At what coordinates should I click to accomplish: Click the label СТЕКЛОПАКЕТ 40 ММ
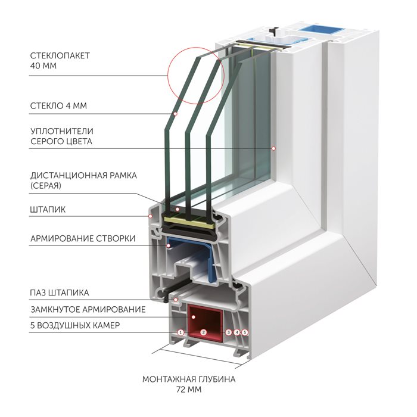point(60,61)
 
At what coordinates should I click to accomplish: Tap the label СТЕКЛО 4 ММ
point(58,106)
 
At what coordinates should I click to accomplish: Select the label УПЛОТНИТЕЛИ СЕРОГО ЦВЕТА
point(62,136)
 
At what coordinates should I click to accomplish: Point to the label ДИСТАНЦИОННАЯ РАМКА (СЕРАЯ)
point(83,181)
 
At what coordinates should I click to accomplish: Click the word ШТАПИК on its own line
point(48,210)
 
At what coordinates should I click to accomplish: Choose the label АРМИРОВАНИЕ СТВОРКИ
point(83,238)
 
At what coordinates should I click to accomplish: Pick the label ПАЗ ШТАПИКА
point(60,293)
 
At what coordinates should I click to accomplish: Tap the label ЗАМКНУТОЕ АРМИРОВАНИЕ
point(88,310)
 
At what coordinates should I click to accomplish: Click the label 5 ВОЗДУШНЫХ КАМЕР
point(75,325)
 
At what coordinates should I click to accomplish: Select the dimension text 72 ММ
point(189,390)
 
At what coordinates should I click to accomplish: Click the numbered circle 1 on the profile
point(181,332)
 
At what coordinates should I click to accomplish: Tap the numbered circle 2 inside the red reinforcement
point(204,332)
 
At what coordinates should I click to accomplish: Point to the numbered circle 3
point(228,332)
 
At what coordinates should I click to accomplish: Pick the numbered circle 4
point(236,332)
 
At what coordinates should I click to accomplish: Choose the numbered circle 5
point(245,332)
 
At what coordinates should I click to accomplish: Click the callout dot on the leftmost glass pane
point(175,114)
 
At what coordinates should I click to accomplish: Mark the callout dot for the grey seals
point(273,148)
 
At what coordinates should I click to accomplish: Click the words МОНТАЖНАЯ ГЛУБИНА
point(189,379)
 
